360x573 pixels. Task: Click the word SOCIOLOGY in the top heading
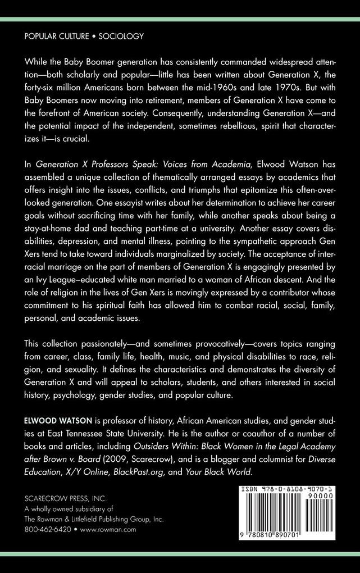(x=121, y=36)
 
